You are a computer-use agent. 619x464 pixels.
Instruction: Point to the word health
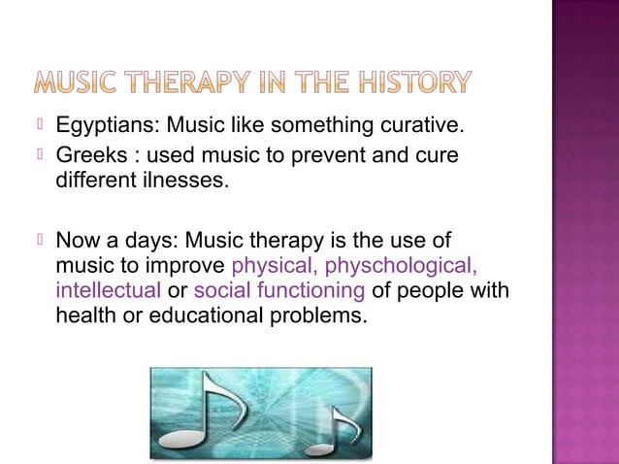[x=84, y=315]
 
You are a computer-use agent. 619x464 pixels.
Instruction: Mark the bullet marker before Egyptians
[x=40, y=126]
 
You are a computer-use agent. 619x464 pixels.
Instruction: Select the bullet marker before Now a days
[x=40, y=241]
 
